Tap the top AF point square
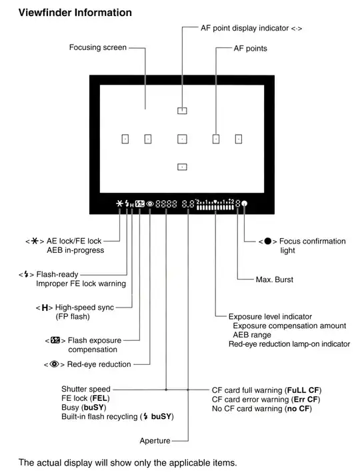pyautogui.click(x=182, y=111)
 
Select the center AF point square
pyautogui.click(x=182, y=139)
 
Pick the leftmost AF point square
pyautogui.click(x=124, y=139)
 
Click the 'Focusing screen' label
pyautogui.click(x=97, y=48)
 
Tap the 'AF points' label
pyautogui.click(x=250, y=49)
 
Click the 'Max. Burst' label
pyautogui.click(x=274, y=279)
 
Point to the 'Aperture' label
pyautogui.click(x=155, y=440)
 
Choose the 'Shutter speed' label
pyautogui.click(x=86, y=388)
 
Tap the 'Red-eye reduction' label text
pyautogui.click(x=99, y=364)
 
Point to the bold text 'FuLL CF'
pyautogui.click(x=303, y=389)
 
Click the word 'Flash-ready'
pyautogui.click(x=53, y=274)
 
